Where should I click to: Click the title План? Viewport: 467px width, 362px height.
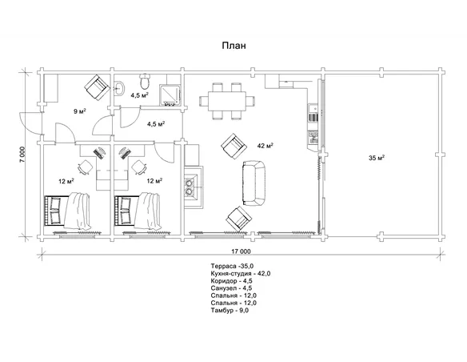click(233, 46)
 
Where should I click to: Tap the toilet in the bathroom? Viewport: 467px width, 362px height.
click(145, 81)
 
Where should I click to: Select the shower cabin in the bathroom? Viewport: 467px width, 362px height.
click(170, 95)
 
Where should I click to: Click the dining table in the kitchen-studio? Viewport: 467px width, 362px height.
click(227, 101)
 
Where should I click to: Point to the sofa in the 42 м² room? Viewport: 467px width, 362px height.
click(254, 183)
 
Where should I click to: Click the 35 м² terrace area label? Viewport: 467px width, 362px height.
click(377, 158)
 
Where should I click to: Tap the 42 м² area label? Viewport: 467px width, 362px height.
click(265, 146)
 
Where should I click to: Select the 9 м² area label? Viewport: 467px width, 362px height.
click(80, 111)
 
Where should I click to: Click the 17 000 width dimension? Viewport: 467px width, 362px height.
click(241, 251)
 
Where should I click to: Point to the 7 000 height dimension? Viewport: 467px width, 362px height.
click(22, 154)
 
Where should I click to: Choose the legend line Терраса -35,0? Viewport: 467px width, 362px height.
click(232, 266)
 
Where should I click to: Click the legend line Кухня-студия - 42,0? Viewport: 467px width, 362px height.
click(241, 273)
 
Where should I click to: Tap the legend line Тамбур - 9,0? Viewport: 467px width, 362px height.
click(230, 311)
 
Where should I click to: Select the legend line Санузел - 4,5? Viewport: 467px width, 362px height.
click(231, 288)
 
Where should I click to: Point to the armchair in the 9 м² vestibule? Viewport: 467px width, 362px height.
click(97, 87)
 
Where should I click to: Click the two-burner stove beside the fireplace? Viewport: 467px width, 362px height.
click(190, 187)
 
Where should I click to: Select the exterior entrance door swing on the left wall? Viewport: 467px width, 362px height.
click(30, 123)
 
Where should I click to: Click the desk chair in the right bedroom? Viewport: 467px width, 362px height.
click(138, 167)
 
